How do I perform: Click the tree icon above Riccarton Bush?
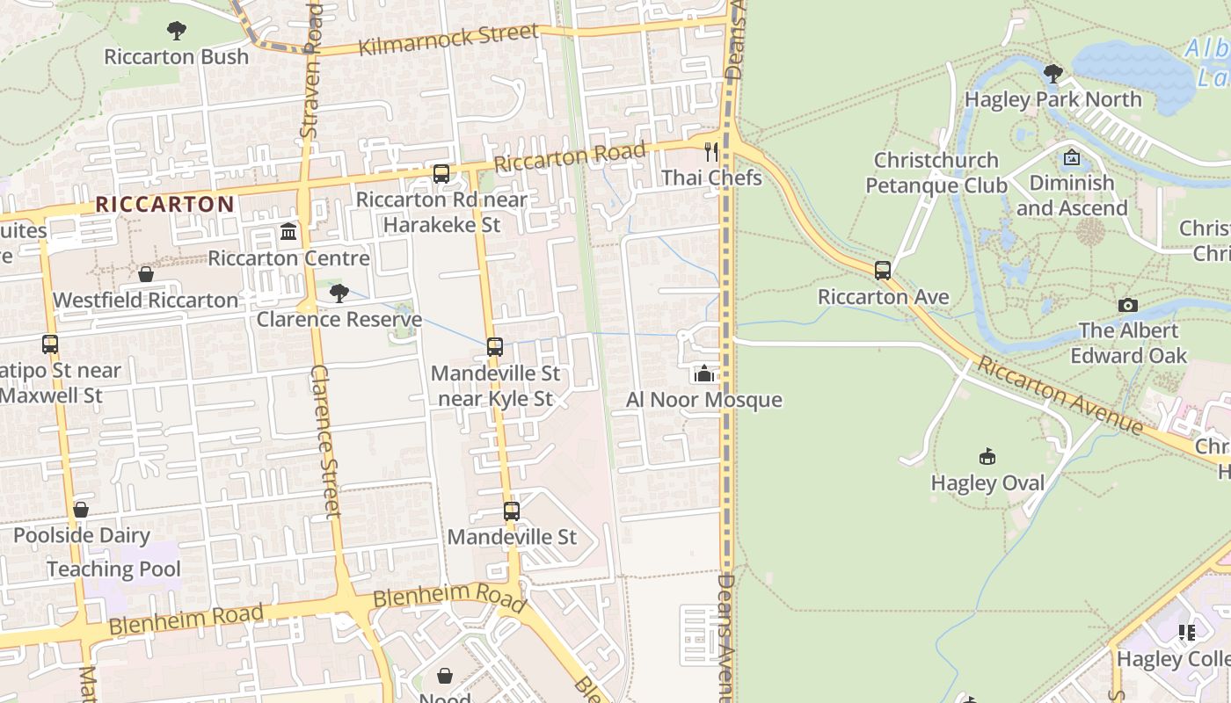click(x=177, y=31)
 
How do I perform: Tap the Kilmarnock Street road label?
click(x=448, y=39)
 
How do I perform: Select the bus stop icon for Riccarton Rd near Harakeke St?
click(x=441, y=174)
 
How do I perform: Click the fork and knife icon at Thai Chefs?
click(x=711, y=152)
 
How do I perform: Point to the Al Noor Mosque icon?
click(x=703, y=374)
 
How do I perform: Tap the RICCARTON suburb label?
click(x=164, y=205)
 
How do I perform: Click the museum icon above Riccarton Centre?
click(x=288, y=233)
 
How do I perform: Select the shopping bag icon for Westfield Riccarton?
click(x=146, y=275)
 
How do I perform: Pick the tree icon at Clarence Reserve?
click(x=339, y=294)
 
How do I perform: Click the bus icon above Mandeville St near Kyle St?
click(x=495, y=347)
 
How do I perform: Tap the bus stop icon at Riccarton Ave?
click(x=883, y=271)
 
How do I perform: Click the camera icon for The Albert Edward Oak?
click(x=1128, y=306)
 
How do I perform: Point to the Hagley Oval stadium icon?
click(x=987, y=457)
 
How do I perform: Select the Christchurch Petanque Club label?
click(x=936, y=173)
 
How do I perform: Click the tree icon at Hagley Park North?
click(x=1053, y=73)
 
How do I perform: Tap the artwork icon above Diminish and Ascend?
click(x=1072, y=158)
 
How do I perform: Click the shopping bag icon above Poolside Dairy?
click(x=81, y=510)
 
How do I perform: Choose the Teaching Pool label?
click(x=113, y=569)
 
